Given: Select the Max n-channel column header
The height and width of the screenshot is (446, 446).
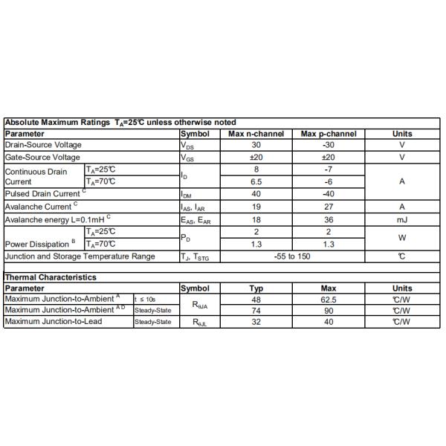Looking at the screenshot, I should click(256, 134).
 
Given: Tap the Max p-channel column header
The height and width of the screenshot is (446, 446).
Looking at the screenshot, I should click(329, 134).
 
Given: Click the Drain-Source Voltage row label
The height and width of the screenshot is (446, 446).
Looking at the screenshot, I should click(43, 145).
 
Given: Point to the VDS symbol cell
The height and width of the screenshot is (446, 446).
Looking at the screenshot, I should click(187, 146).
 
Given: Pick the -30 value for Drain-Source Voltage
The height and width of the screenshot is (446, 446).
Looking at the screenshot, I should click(329, 145).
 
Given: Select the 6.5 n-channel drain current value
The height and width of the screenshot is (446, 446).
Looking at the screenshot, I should click(256, 181).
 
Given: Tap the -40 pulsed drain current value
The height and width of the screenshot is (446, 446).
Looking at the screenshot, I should click(329, 194).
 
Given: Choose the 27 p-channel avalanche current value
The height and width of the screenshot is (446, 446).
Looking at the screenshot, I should click(329, 207).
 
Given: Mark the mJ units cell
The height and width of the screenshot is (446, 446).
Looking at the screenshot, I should click(401, 219).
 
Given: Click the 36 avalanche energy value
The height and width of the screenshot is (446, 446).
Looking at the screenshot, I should click(329, 219).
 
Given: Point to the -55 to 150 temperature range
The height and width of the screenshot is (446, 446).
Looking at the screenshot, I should click(292, 256).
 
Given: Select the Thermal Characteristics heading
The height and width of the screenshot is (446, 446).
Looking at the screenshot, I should click(51, 277).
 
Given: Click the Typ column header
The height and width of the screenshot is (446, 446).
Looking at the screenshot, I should click(256, 288).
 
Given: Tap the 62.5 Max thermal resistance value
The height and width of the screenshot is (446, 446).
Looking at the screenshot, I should click(329, 299).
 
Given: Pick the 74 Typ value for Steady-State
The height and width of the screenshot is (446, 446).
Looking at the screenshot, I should click(256, 310).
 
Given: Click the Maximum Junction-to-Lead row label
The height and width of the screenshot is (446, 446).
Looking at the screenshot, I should click(53, 321).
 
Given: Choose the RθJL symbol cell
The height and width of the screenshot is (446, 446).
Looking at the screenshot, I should click(200, 322).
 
